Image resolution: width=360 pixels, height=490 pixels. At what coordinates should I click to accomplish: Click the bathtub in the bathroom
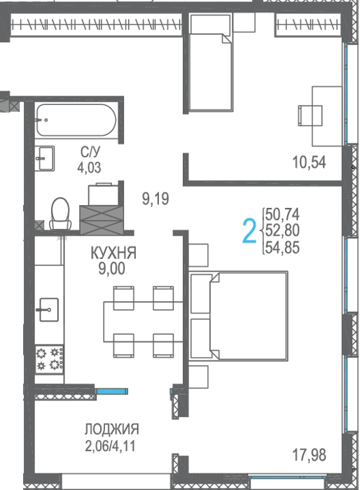coord(76,120)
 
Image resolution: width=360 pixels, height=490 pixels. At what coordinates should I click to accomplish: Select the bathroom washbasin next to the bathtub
coord(44,158)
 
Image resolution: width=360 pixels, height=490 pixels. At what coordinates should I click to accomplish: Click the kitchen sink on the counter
coord(49,309)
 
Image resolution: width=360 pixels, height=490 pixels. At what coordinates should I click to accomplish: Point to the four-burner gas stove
coord(50,359)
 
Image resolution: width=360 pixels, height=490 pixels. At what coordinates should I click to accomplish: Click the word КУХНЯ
coord(113,253)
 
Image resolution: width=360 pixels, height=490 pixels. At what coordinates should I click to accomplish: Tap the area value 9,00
coord(112,268)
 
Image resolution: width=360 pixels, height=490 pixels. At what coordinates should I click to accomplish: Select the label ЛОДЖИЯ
coord(111,429)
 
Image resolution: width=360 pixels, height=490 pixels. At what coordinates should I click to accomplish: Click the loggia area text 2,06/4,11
coord(111,446)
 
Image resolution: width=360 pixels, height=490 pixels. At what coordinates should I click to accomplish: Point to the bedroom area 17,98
coord(309,455)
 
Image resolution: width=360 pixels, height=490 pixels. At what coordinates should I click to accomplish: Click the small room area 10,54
coord(309,162)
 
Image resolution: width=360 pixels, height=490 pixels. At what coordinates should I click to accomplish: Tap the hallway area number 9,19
coord(155,199)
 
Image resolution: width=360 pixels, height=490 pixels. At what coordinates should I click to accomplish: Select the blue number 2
coord(249,231)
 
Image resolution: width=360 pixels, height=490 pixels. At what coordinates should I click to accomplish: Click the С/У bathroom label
coord(90,152)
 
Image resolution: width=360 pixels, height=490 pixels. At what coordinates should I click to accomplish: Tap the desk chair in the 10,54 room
coord(310,115)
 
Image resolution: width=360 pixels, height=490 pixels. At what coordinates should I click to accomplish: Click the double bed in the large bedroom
coord(238,316)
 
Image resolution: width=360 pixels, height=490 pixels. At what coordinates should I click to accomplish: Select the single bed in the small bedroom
coord(211,62)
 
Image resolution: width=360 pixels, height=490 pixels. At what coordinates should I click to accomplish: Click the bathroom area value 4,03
coord(90,168)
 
